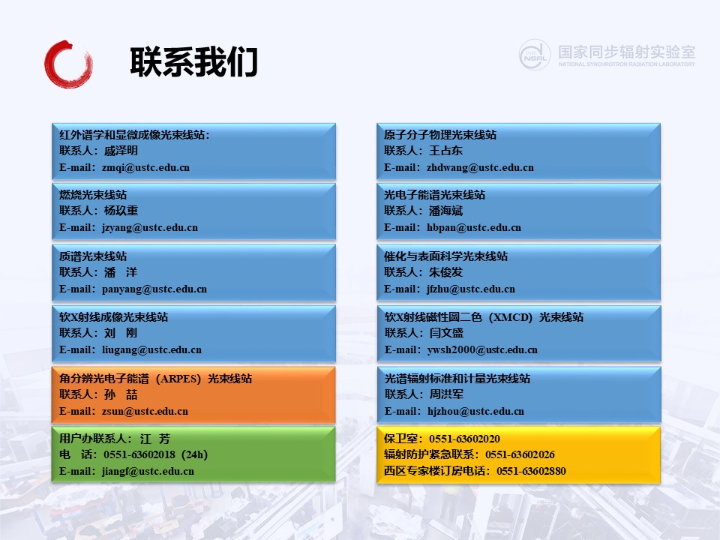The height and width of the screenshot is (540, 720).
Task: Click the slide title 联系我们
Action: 193,62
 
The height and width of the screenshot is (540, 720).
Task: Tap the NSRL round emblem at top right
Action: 535,55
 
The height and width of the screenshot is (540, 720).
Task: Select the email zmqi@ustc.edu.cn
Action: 145,167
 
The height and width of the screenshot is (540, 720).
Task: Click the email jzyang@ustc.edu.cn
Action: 150,228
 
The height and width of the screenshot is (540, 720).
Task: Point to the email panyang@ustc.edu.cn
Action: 154,289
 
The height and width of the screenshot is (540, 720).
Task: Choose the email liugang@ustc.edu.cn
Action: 151,350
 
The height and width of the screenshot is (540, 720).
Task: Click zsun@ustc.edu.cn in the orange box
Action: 145,412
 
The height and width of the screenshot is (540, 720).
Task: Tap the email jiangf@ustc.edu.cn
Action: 148,472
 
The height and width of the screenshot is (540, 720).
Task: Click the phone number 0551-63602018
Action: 139,454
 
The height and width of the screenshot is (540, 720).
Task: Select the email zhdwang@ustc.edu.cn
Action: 480,167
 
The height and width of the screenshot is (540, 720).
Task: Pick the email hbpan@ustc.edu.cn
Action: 474,228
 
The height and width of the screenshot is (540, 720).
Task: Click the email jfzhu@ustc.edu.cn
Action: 471,289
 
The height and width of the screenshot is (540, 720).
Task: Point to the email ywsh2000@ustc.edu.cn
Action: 482,350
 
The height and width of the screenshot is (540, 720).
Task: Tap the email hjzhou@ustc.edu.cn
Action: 475,412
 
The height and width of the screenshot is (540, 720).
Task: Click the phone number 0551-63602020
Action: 465,439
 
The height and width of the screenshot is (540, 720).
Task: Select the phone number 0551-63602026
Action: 520,454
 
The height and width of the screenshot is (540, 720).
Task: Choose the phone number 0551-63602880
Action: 531,471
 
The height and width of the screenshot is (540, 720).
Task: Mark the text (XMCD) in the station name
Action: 511,317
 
